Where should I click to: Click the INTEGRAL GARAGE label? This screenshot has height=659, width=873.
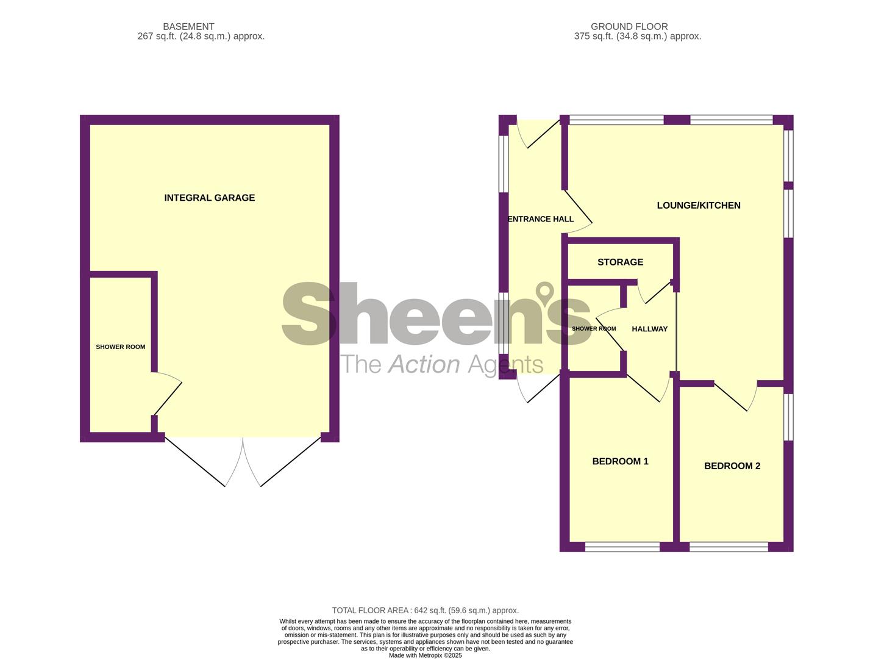click(x=209, y=198)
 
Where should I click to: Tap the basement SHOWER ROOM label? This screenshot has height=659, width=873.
click(x=121, y=347)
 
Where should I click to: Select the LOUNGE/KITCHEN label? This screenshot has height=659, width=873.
click(x=699, y=206)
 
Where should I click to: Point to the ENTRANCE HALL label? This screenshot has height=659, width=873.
click(x=541, y=219)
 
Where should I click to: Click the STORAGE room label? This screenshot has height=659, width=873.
click(x=620, y=262)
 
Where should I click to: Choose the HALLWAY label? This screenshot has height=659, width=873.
click(x=649, y=329)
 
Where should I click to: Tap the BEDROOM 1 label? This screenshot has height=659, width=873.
click(x=620, y=461)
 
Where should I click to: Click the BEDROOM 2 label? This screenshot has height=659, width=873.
click(x=732, y=466)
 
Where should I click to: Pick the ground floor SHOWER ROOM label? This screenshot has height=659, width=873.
click(x=593, y=329)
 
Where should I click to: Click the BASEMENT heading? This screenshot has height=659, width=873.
click(x=188, y=27)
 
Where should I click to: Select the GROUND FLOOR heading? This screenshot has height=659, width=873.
click(x=629, y=27)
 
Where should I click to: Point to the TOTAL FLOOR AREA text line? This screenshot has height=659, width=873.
click(x=425, y=610)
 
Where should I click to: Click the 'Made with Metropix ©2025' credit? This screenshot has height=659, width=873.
click(x=425, y=655)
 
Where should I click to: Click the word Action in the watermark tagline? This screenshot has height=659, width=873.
click(x=424, y=364)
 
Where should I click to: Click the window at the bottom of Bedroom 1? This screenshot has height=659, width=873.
click(x=622, y=547)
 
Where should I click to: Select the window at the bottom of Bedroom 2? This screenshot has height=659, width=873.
click(x=729, y=547)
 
